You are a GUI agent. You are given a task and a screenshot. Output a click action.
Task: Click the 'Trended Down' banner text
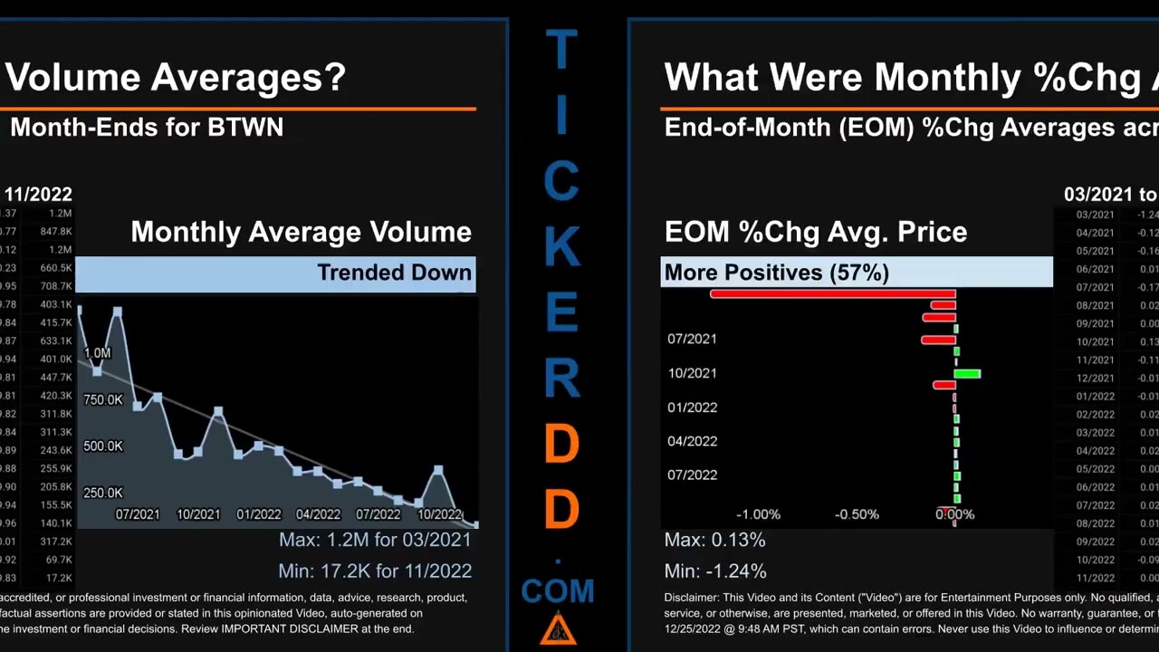[x=394, y=273]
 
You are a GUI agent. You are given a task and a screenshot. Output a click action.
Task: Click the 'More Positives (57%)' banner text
[x=776, y=273]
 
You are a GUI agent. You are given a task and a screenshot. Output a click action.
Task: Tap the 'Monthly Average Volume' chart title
[x=301, y=232]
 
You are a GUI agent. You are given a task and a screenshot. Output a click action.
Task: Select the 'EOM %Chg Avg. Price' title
[x=815, y=232]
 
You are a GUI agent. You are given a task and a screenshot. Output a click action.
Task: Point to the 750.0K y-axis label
[x=103, y=400]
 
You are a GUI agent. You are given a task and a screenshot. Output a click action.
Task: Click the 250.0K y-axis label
[x=103, y=494]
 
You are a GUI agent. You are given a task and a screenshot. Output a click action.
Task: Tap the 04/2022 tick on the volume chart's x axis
[x=318, y=514]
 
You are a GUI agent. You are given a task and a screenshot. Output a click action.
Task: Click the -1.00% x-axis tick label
[x=758, y=514]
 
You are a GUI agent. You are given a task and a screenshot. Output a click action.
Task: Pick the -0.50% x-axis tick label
[x=857, y=514]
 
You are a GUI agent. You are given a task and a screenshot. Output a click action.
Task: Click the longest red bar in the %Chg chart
[x=833, y=293]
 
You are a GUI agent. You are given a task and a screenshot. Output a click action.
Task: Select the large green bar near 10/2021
[x=968, y=373]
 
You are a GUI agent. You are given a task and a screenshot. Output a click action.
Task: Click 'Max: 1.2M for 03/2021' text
[x=375, y=541]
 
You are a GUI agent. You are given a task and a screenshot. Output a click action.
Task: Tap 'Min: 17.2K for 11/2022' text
[x=375, y=571]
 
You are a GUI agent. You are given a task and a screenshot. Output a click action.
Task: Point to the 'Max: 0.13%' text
[x=714, y=541]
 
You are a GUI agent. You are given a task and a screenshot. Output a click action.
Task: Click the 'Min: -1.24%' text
[x=715, y=571]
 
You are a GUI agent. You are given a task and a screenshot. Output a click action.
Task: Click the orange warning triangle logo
[x=558, y=628]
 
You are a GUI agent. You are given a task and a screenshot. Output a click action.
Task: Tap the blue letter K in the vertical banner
[x=561, y=245]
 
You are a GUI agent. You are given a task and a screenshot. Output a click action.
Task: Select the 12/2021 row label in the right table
[x=1095, y=379]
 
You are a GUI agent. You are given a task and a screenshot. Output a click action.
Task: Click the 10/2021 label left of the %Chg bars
[x=692, y=373]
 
